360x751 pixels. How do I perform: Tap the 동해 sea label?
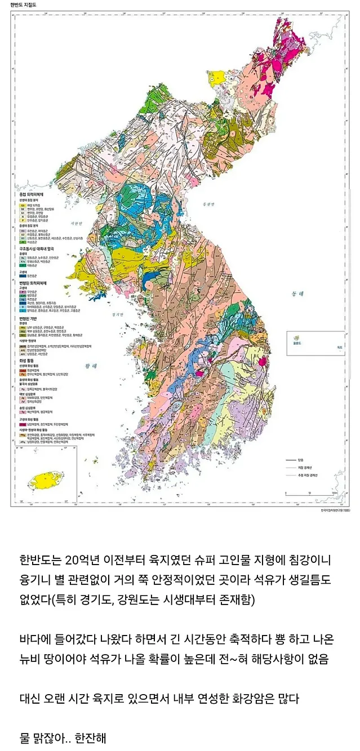pos(297,294)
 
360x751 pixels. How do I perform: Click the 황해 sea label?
pos(91,366)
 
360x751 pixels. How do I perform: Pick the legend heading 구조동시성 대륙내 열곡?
pos(35,247)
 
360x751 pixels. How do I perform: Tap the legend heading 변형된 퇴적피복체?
pos(33,283)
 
